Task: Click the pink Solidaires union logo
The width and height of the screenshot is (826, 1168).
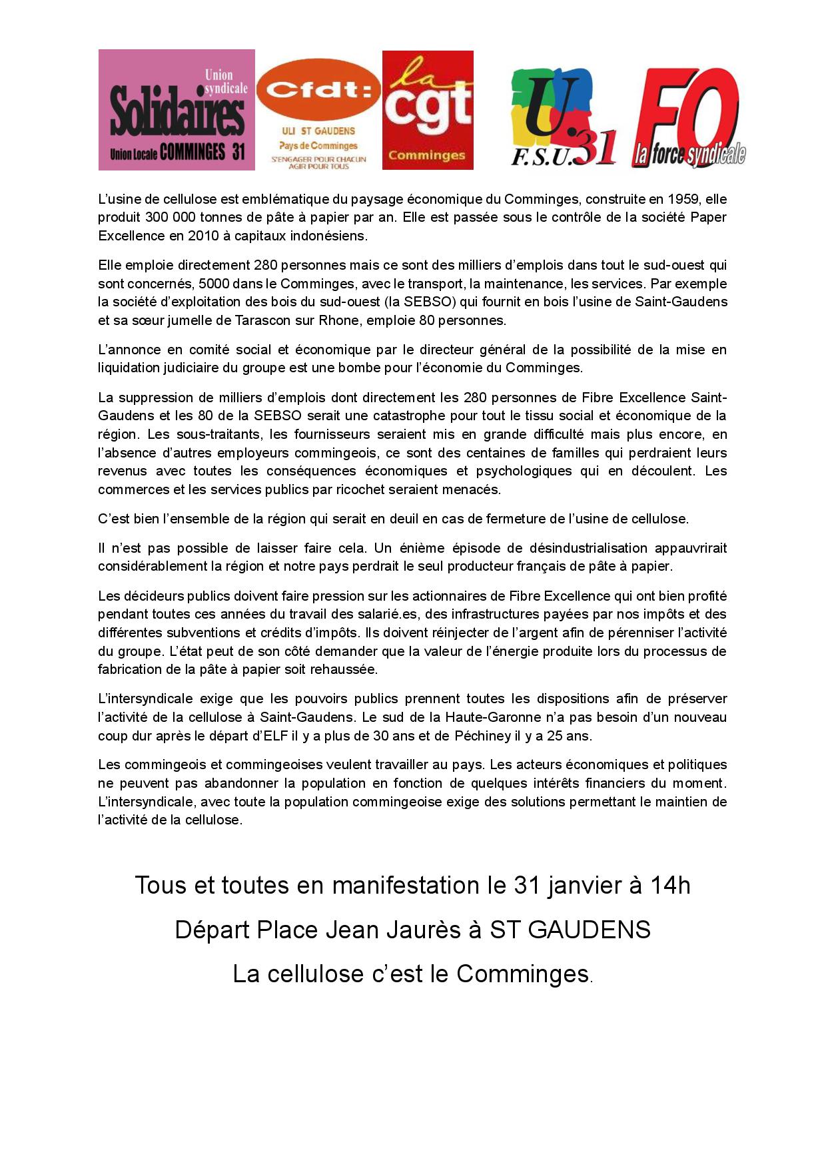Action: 177,110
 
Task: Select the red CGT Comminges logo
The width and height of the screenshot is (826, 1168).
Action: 428,110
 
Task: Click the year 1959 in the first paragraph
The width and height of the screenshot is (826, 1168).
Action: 677,199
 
